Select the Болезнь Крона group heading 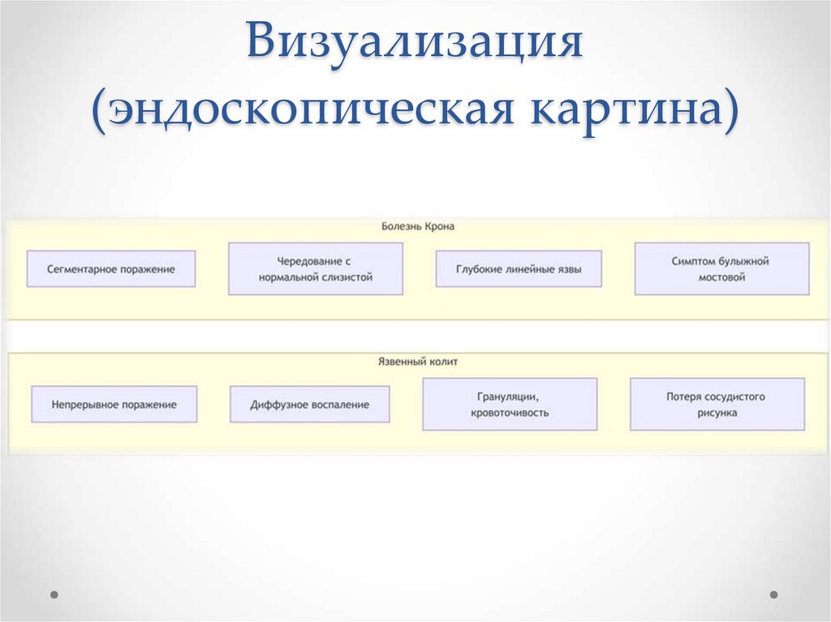[418, 227]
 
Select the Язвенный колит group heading [418, 362]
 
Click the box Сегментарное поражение [111, 268]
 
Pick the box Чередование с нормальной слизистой [316, 268]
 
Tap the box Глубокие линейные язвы [519, 268]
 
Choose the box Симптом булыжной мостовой [721, 268]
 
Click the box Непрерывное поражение [114, 404]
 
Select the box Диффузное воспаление [309, 404]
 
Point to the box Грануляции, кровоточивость [510, 404]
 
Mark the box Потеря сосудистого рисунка [717, 404]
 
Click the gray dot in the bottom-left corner [54, 594]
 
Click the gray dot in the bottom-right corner [773, 594]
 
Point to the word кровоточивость [510, 413]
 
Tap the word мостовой [721, 277]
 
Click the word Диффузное [278, 404]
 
